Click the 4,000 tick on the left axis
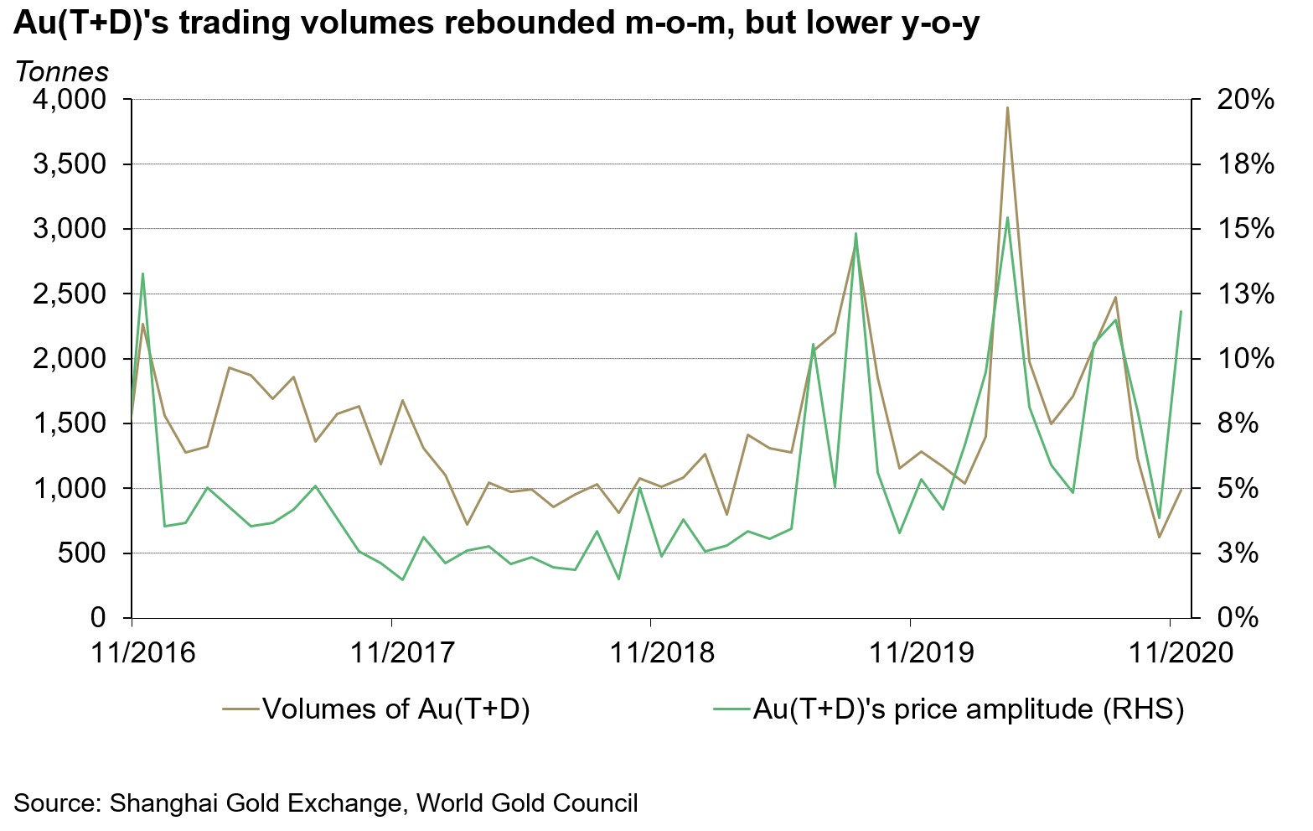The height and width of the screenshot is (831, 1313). tap(70, 100)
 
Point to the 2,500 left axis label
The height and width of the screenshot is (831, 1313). tap(70, 294)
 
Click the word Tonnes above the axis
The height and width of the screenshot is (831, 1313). tap(61, 72)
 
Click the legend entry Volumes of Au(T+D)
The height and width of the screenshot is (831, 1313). tap(395, 709)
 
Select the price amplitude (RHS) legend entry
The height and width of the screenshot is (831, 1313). tap(968, 709)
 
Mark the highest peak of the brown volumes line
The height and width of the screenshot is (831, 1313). tap(1007, 107)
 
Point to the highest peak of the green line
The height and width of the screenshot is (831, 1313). tap(1007, 218)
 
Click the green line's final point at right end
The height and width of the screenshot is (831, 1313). tap(1181, 312)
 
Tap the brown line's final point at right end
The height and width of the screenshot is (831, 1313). tap(1181, 490)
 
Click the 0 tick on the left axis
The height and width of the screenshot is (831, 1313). tap(98, 618)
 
